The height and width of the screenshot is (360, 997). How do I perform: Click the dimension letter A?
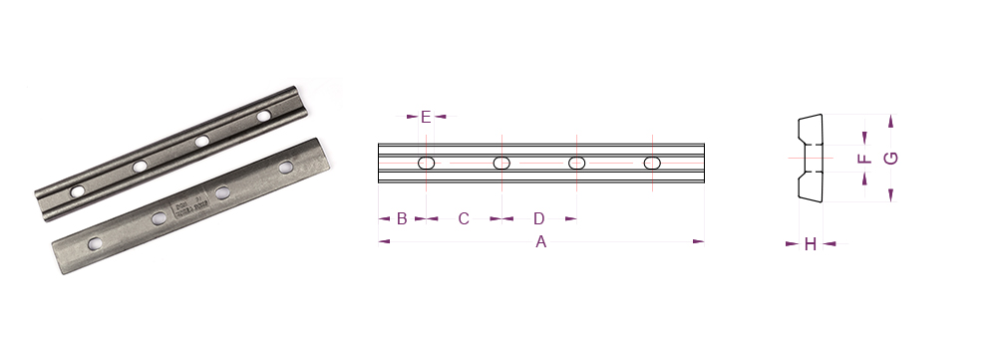(540, 241)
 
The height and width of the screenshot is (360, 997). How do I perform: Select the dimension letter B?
(402, 218)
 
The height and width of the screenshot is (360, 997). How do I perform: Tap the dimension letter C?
(464, 218)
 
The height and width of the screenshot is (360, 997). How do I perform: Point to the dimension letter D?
(539, 218)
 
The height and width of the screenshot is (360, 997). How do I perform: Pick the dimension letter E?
(426, 117)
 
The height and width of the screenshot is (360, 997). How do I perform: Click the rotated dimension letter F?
(864, 158)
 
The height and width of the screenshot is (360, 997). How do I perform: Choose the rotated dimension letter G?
(890, 159)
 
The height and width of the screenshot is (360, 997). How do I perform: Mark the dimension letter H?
(810, 244)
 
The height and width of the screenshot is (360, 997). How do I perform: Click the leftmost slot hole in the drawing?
(426, 164)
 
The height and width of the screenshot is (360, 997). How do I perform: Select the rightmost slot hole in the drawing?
(652, 164)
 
